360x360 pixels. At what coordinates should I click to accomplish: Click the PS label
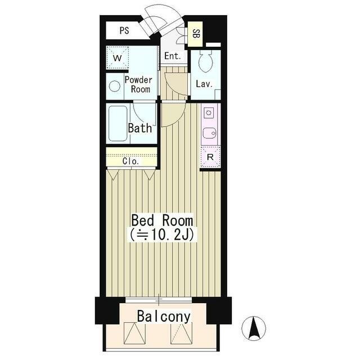pos(124,30)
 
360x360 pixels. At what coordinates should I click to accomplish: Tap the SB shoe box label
pos(196,34)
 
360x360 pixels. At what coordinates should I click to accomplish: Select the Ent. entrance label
pos(173,56)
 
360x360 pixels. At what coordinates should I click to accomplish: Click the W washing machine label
pos(117,58)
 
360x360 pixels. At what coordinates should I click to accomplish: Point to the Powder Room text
pos(138,84)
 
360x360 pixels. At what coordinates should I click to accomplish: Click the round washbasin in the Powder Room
pos(115,86)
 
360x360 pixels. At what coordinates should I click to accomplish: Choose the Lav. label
pos(204,84)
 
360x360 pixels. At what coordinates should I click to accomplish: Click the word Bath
pos(140,128)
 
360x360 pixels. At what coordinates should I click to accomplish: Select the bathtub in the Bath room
pos(118,123)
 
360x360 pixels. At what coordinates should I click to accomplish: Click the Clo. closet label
pos(130,161)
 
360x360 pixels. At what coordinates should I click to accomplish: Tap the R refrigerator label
pos(210,157)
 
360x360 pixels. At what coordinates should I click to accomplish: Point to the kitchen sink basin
pos(209,133)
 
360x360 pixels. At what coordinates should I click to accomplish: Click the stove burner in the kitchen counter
pos(209,112)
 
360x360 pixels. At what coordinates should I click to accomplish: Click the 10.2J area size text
pos(162,235)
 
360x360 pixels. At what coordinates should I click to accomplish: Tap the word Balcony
pos(164,316)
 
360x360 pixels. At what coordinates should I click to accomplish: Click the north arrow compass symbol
pos(254,328)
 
